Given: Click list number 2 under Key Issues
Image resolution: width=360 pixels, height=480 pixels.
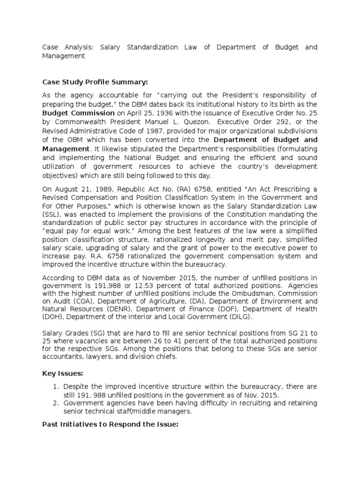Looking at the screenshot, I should tap(55, 403).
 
